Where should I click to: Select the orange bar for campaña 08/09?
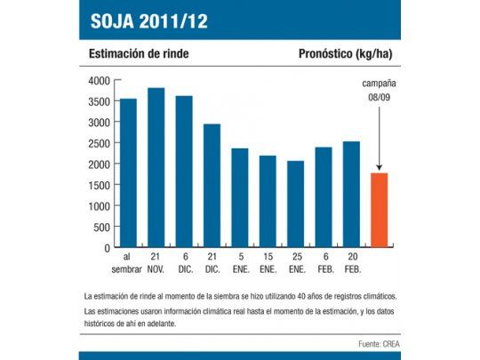[x=379, y=210]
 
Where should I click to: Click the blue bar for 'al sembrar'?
[x=128, y=173]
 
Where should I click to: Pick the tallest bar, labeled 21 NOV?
[x=156, y=168]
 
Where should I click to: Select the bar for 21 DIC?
[x=212, y=186]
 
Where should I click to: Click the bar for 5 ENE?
[x=240, y=197]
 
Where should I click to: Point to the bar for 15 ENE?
[x=268, y=202]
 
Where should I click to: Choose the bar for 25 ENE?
[x=295, y=204]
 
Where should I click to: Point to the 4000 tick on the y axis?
[x=99, y=81]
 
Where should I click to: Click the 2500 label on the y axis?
[x=99, y=144]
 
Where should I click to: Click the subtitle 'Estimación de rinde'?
[x=138, y=54]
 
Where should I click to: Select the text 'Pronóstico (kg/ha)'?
[x=344, y=54]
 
